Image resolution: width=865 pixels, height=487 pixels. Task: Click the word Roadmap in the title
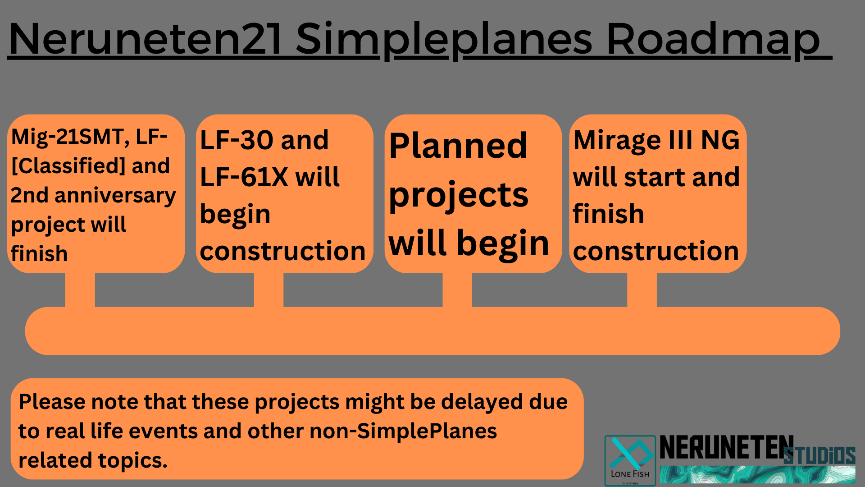(x=713, y=40)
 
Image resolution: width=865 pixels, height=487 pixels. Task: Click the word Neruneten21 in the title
(x=145, y=39)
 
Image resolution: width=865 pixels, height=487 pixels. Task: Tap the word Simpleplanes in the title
(x=444, y=40)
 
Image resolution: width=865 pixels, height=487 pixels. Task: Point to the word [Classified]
(x=68, y=166)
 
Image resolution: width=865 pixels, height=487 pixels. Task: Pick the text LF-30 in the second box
(x=236, y=140)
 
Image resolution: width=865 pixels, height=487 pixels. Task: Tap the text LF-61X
(x=244, y=177)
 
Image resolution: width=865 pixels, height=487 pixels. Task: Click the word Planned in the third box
(x=458, y=146)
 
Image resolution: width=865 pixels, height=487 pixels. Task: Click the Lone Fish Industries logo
(x=630, y=460)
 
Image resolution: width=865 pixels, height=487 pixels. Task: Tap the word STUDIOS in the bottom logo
(x=819, y=455)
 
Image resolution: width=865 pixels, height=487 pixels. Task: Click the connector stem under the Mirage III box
(x=642, y=290)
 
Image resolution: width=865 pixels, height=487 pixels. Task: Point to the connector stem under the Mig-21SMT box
(x=80, y=290)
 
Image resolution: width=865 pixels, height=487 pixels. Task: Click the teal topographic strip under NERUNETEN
(x=758, y=475)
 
